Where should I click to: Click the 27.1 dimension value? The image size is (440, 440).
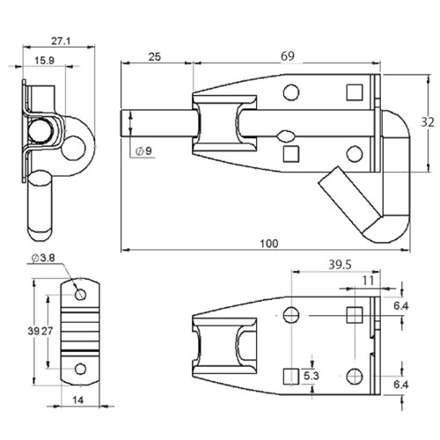point(61,40)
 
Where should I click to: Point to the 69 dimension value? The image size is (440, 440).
point(286,56)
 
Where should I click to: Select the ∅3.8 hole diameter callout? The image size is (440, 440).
point(43,258)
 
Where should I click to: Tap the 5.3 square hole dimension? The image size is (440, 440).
point(311,376)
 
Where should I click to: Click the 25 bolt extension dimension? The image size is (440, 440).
point(154,56)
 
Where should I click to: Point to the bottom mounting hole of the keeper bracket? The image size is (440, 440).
point(80,367)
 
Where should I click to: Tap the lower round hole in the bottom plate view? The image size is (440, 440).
point(354,376)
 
